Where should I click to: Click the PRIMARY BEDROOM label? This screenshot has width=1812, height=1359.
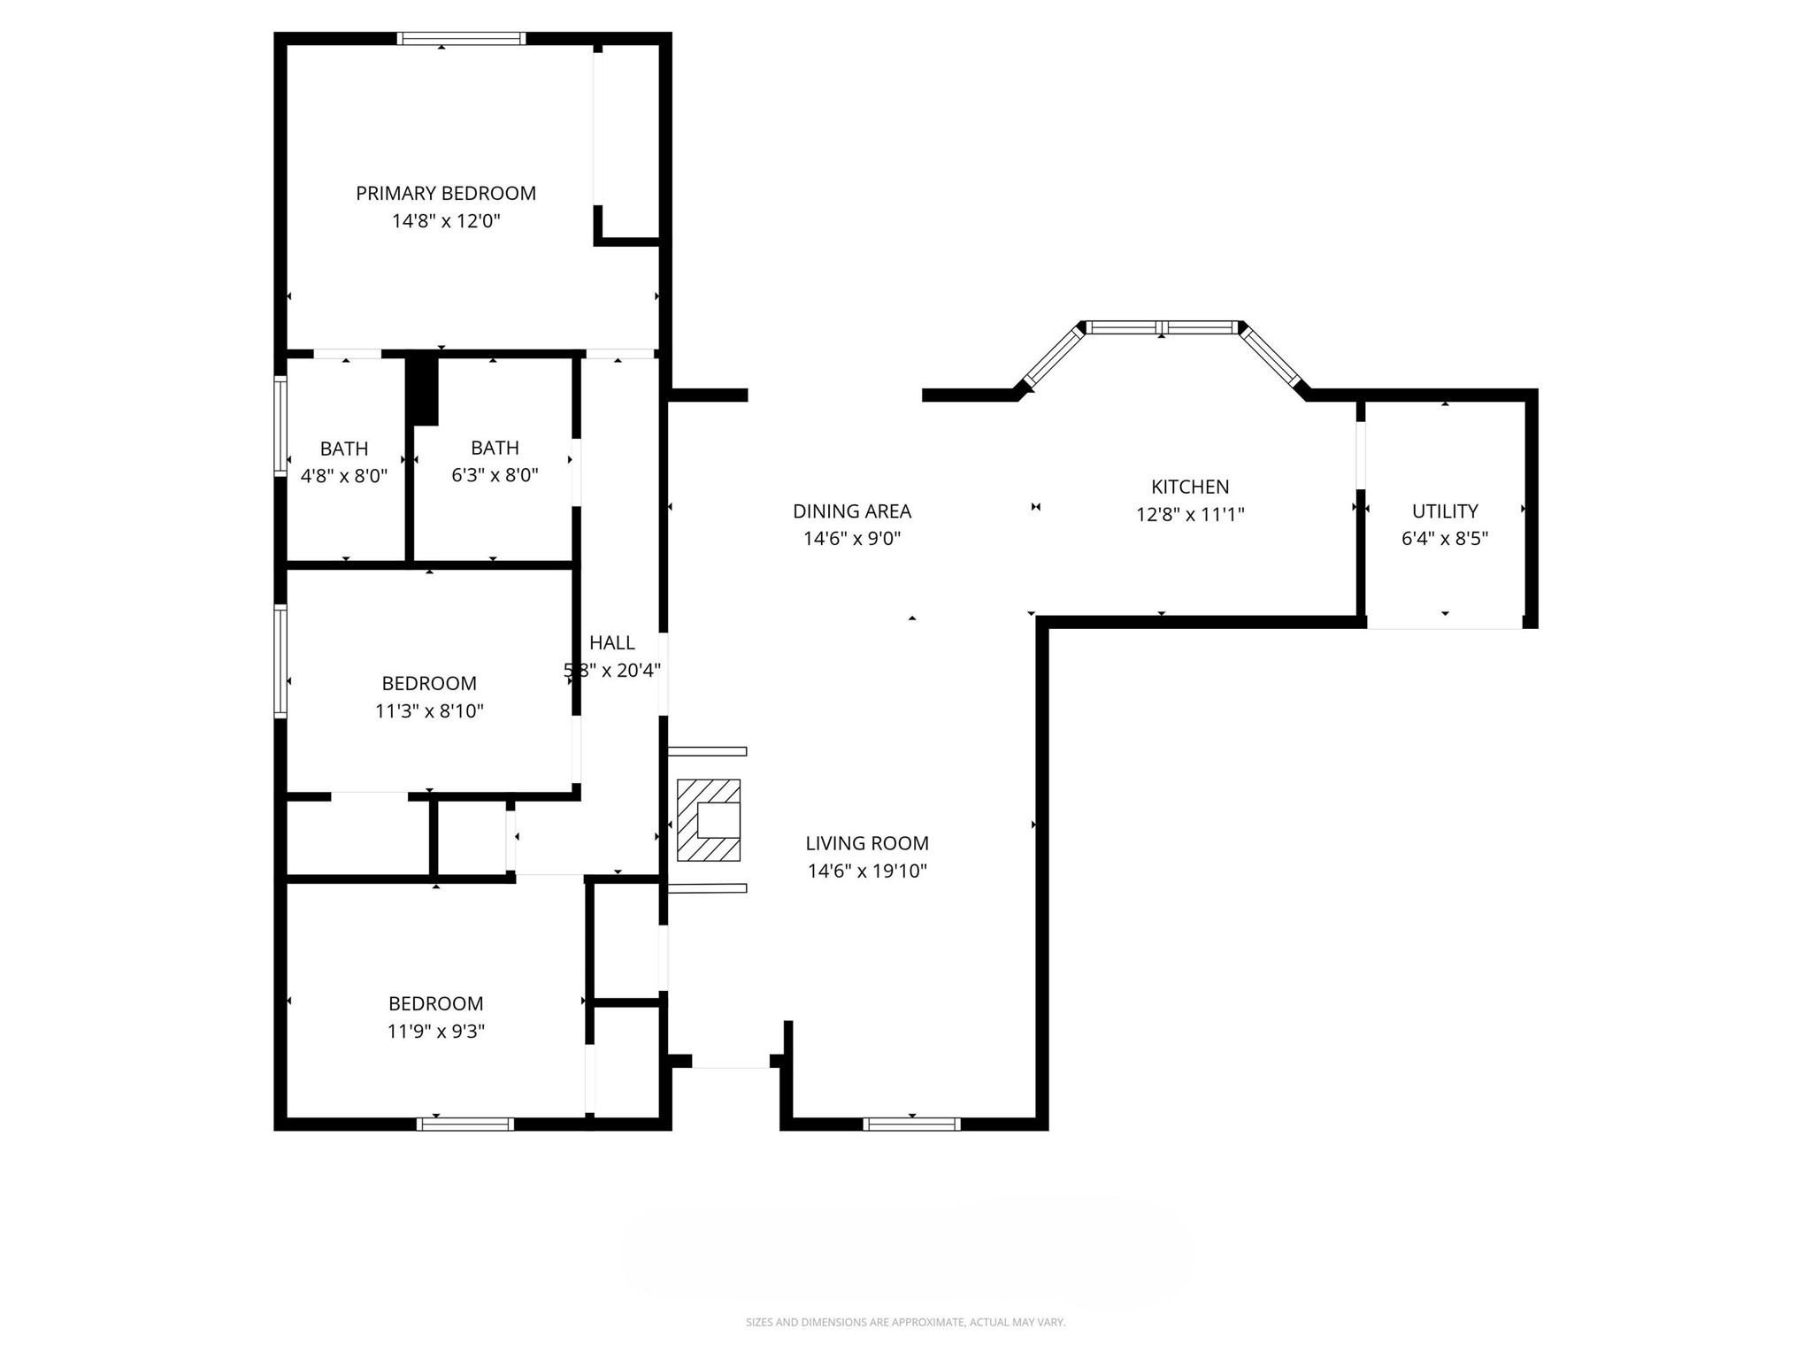446,193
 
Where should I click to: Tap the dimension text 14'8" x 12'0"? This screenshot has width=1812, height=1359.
446,221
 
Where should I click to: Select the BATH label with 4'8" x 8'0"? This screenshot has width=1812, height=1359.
344,449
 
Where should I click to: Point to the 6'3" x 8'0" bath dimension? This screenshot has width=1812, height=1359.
495,475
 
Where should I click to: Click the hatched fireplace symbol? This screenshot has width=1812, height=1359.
708,820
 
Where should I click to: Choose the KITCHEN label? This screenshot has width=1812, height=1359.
1190,487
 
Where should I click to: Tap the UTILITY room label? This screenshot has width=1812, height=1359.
1445,511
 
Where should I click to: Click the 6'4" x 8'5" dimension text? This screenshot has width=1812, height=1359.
1445,539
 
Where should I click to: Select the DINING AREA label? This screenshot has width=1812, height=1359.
851,511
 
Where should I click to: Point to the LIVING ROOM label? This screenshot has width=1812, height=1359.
867,843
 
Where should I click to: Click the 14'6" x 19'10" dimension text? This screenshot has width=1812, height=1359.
867,871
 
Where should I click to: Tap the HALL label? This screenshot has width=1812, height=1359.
612,642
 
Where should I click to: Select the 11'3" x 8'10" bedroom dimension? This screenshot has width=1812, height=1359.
429,711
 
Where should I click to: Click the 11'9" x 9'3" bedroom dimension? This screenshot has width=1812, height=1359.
435,1032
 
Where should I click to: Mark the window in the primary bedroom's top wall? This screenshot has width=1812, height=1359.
461,38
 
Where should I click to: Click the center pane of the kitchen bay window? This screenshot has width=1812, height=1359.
1162,327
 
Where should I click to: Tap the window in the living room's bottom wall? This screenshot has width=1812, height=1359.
911,1125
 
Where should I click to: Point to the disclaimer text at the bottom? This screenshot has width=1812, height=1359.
905,1322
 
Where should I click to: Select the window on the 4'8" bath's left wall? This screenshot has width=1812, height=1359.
280,426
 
